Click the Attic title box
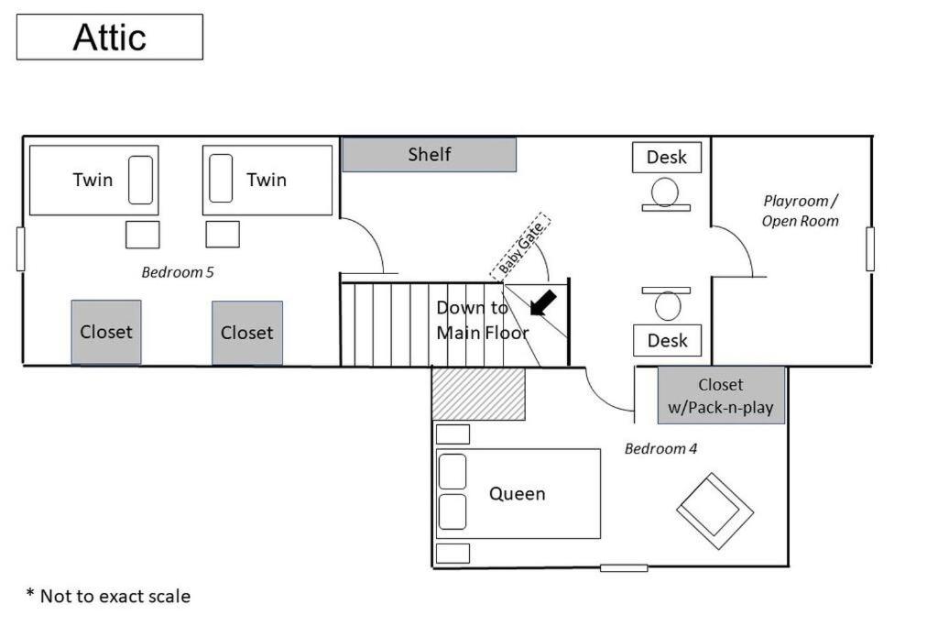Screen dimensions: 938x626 click(x=110, y=37)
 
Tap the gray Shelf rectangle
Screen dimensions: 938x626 click(x=429, y=154)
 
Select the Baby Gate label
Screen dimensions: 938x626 click(x=520, y=247)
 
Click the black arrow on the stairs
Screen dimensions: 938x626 click(x=543, y=302)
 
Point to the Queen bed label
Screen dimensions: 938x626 click(x=518, y=494)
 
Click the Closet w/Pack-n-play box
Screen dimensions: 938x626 click(x=721, y=396)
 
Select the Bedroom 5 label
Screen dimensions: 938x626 click(x=177, y=272)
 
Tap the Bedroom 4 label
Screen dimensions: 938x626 click(x=660, y=449)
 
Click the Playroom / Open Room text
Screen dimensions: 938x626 click(x=800, y=211)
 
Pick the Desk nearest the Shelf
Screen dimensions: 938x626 click(x=667, y=158)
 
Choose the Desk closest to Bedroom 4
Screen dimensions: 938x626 click(x=667, y=341)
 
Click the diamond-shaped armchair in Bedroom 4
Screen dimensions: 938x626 click(x=714, y=511)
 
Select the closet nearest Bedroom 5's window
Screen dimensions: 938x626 click(x=106, y=332)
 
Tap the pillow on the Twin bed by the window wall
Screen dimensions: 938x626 click(x=140, y=180)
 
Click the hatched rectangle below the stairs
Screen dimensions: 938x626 click(x=478, y=394)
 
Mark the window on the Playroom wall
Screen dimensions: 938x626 click(x=870, y=249)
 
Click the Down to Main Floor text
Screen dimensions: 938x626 click(x=482, y=320)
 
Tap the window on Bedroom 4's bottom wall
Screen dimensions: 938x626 click(x=624, y=568)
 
